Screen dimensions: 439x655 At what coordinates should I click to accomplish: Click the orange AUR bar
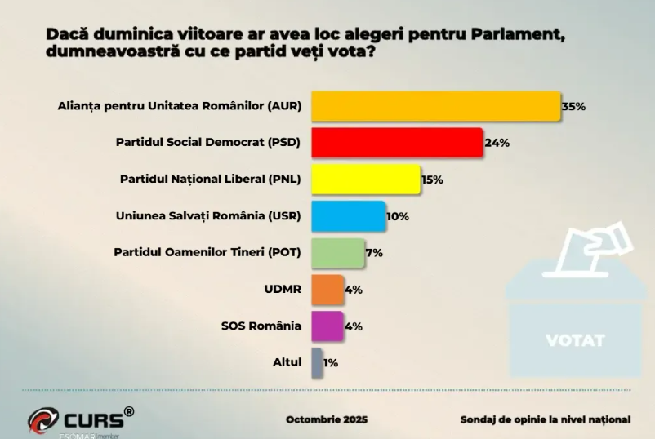point(435,106)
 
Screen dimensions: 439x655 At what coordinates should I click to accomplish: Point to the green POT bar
point(337,252)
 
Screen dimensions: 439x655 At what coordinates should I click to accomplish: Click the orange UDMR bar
point(327,289)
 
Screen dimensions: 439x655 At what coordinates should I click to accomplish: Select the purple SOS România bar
point(327,326)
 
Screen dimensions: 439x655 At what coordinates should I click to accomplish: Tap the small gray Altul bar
point(316,362)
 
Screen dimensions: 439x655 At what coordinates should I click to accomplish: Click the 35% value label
point(573,107)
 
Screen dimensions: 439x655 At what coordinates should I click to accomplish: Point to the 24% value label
point(497,143)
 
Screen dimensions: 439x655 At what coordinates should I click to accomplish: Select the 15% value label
point(432,180)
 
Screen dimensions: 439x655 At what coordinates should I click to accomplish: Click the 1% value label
point(331,362)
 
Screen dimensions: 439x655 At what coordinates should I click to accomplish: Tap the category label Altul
point(286,362)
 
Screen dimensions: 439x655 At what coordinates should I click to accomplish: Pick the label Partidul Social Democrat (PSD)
point(208,143)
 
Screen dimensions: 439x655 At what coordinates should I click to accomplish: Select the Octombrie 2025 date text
point(327,419)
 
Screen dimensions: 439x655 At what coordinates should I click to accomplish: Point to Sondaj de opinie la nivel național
point(546,419)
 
